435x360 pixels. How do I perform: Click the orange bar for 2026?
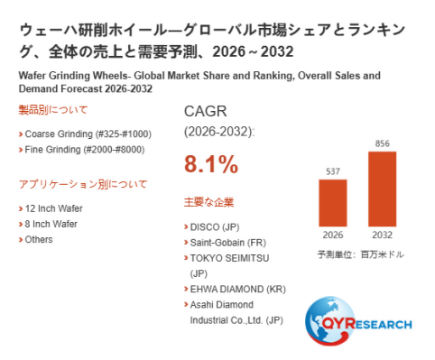click(x=333, y=203)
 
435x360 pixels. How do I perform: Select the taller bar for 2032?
click(x=382, y=189)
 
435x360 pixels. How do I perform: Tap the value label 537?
click(x=333, y=171)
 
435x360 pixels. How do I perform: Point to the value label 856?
click(x=382, y=143)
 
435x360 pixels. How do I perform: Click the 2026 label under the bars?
click(x=333, y=235)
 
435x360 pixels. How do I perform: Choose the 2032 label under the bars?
click(x=382, y=235)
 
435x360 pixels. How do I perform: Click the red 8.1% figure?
click(x=211, y=164)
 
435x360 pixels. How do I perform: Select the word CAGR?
click(x=206, y=111)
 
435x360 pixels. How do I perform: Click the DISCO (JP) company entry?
click(x=215, y=227)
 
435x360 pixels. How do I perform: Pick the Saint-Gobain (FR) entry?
click(x=228, y=243)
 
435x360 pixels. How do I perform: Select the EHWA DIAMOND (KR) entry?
click(x=237, y=289)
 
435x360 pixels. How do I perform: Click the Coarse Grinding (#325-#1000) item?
click(x=88, y=134)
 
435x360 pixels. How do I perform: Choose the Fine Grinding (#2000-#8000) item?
click(x=85, y=150)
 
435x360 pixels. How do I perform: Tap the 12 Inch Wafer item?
click(x=53, y=208)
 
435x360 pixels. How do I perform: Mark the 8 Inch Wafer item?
click(x=51, y=224)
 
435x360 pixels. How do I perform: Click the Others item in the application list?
click(x=39, y=239)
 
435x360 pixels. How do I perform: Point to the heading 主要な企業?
click(x=208, y=202)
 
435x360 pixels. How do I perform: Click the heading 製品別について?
click(x=52, y=110)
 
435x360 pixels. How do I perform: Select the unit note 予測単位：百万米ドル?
click(x=361, y=254)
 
